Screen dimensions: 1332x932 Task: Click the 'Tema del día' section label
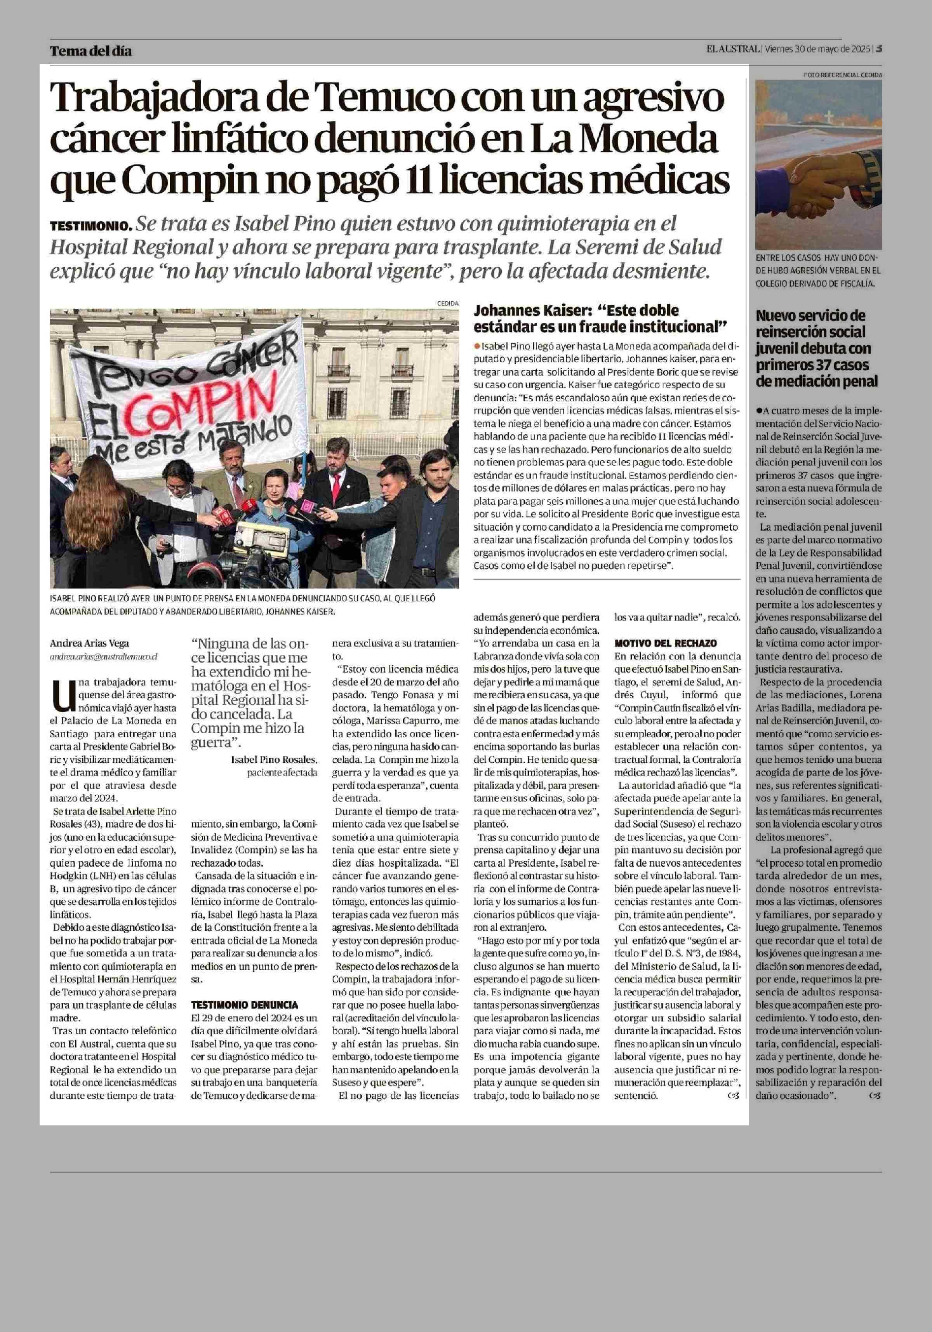(x=90, y=51)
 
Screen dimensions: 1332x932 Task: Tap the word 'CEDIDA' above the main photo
(x=448, y=303)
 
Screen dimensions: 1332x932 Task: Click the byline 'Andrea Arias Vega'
(x=89, y=643)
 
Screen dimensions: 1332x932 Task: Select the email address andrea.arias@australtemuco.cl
(x=103, y=657)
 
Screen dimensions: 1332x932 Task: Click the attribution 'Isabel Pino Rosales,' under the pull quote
(x=274, y=760)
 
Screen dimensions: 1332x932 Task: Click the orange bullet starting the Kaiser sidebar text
(x=477, y=346)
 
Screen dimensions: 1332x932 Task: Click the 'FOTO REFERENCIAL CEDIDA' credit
(x=843, y=75)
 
